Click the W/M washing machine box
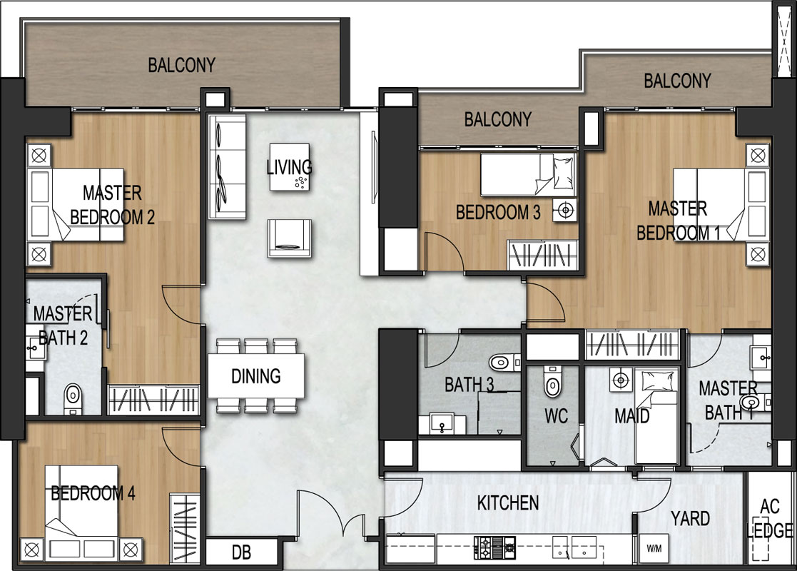(x=654, y=549)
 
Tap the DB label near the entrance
(x=241, y=552)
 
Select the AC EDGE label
(x=771, y=518)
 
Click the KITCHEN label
(x=508, y=503)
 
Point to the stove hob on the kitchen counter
(x=494, y=547)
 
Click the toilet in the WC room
(x=552, y=381)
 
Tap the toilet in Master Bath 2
(x=73, y=399)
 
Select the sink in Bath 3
(x=442, y=424)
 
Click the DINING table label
(x=255, y=376)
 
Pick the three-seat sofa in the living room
(x=227, y=167)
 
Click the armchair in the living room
(x=289, y=238)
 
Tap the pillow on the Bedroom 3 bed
(x=562, y=173)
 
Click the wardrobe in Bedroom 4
(x=185, y=527)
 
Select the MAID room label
(x=631, y=416)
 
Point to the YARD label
(x=690, y=519)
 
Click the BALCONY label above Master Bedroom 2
(x=181, y=65)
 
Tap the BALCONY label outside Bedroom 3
(x=497, y=119)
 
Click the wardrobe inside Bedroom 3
(x=543, y=254)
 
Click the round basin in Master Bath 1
(x=750, y=403)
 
